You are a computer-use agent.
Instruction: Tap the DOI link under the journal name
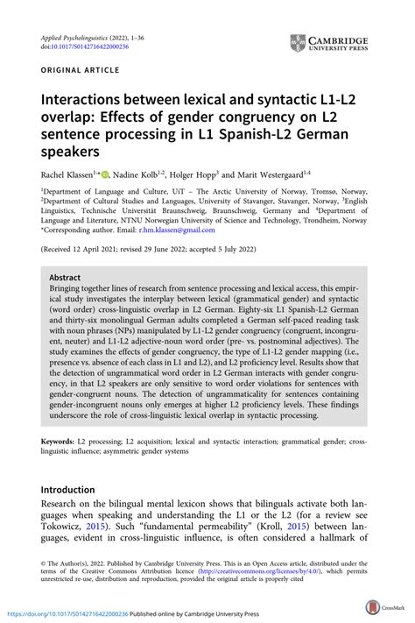coord(80,46)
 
